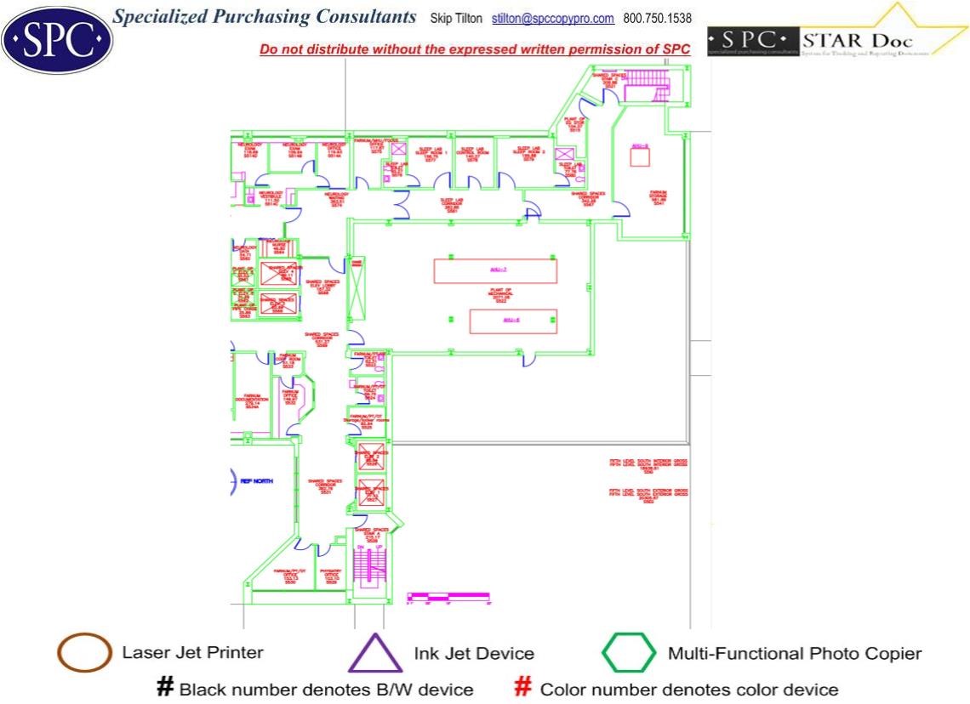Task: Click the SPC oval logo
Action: pyautogui.click(x=57, y=39)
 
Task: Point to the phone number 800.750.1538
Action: pyautogui.click(x=658, y=19)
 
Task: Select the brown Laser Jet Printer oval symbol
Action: pyautogui.click(x=84, y=653)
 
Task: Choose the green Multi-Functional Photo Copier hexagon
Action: pyautogui.click(x=629, y=654)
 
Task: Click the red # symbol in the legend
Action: pyautogui.click(x=524, y=688)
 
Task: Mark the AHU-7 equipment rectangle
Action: pyautogui.click(x=495, y=270)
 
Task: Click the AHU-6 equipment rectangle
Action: pyautogui.click(x=513, y=321)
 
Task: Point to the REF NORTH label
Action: pyautogui.click(x=258, y=481)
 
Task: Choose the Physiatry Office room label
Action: pyautogui.click(x=332, y=576)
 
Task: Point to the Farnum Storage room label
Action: pyautogui.click(x=658, y=197)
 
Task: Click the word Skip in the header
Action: pyautogui.click(x=443, y=19)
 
